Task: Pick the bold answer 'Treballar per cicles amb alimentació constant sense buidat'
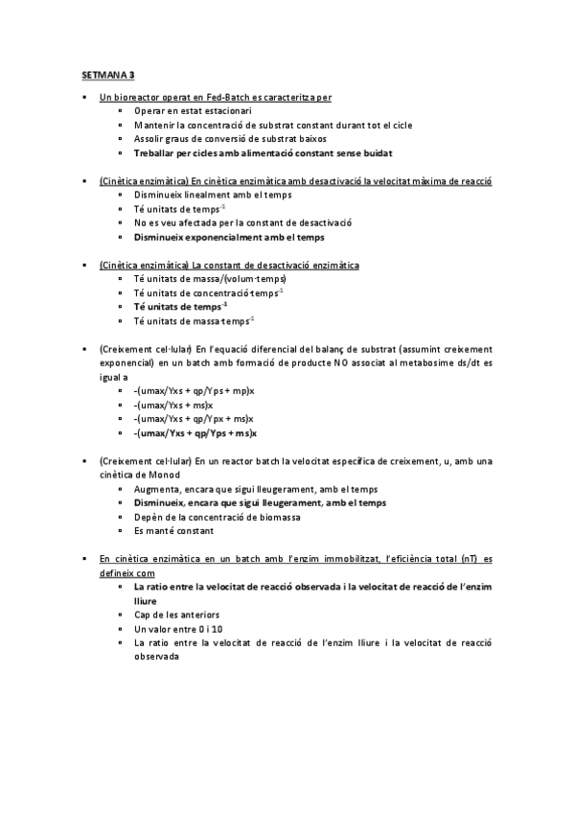[263, 152]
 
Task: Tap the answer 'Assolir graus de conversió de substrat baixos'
[231, 139]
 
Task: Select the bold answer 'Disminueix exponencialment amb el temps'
[229, 236]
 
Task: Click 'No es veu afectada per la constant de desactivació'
[243, 222]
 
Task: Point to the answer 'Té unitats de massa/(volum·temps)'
[210, 278]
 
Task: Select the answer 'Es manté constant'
[173, 530]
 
